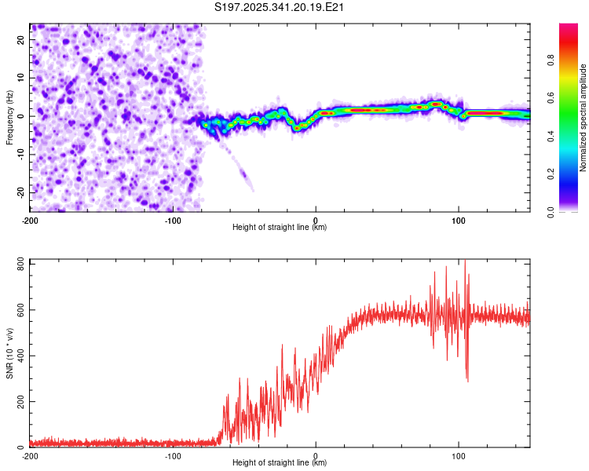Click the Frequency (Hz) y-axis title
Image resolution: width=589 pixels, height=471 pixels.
tap(9, 118)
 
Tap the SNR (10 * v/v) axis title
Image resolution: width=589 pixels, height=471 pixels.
tap(9, 353)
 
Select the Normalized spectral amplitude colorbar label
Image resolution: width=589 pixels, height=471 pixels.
tap(584, 118)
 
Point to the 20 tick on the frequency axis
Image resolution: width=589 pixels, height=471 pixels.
tap(21, 38)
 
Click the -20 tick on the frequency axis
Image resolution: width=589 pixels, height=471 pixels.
tap(20, 192)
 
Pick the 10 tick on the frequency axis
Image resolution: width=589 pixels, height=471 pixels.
tap(21, 77)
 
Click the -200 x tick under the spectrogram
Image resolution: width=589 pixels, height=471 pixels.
tap(30, 219)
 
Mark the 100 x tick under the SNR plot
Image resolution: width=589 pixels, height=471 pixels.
tap(459, 456)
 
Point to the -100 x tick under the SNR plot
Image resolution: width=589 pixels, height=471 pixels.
tap(173, 456)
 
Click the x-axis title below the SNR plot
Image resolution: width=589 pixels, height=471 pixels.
tap(280, 464)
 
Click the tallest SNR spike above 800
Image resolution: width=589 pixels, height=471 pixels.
tap(465, 261)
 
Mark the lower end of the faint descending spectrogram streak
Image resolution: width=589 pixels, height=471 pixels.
tap(252, 189)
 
